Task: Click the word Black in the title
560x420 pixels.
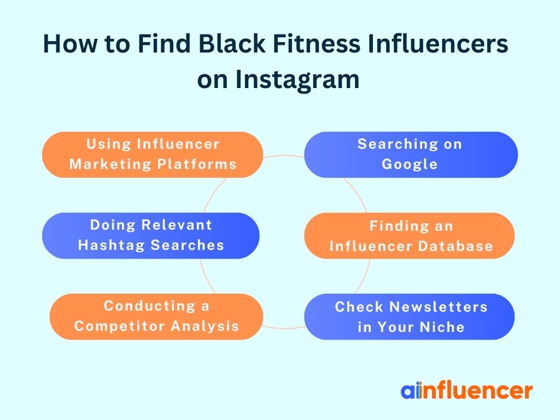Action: coord(232,44)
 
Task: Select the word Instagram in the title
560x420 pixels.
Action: coord(297,79)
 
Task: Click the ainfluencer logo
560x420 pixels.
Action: coord(466,390)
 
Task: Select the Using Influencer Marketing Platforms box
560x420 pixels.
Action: coord(153,155)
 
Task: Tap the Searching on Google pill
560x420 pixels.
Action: coord(411,155)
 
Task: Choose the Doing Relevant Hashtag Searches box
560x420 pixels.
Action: coord(151,236)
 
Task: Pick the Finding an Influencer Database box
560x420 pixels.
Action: coord(409,236)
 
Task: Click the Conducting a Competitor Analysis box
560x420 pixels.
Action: coord(156,317)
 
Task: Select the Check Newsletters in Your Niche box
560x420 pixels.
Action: coord(409,317)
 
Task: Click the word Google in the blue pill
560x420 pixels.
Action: coord(410,165)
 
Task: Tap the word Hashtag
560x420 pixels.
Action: coord(111,246)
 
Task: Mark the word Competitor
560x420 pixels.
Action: coord(120,326)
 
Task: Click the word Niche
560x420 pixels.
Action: coord(442,327)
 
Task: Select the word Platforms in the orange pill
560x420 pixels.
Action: coord(197,164)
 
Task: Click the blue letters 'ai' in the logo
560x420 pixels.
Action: coord(411,390)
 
